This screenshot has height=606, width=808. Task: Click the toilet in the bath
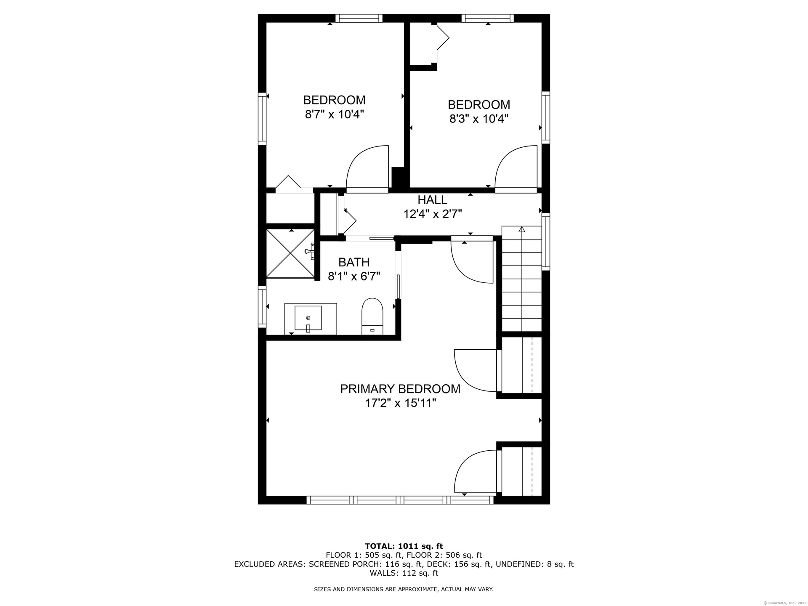tap(372, 316)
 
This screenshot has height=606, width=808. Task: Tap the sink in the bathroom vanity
tap(308, 318)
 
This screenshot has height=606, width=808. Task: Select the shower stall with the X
tap(290, 254)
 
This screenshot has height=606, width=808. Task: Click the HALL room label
tap(432, 200)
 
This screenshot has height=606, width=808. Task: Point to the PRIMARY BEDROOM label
tap(400, 389)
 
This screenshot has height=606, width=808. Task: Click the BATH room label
tap(354, 262)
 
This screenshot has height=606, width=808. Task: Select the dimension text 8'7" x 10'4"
tap(335, 114)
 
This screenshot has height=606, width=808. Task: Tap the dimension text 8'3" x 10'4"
tap(479, 119)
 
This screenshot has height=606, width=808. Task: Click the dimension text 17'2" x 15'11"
tap(400, 403)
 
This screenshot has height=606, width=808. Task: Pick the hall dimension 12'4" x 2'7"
tap(433, 214)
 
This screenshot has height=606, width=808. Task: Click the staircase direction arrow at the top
tap(522, 229)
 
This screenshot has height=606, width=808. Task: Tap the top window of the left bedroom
tap(359, 18)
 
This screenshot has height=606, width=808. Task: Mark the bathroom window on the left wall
tap(262, 306)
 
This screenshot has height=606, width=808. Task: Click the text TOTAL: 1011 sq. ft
tap(404, 546)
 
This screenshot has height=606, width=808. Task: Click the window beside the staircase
tap(546, 241)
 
